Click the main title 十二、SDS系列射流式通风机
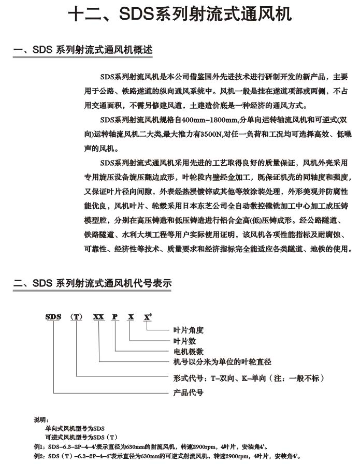pyautogui.click(x=179, y=14)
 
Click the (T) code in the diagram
pyautogui.click(x=77, y=316)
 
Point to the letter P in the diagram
pyautogui.click(x=115, y=316)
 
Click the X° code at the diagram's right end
pyautogui.click(x=148, y=316)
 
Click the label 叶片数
pyautogui.click(x=184, y=341)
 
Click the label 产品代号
pyautogui.click(x=188, y=392)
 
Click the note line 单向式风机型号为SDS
pyautogui.click(x=76, y=428)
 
